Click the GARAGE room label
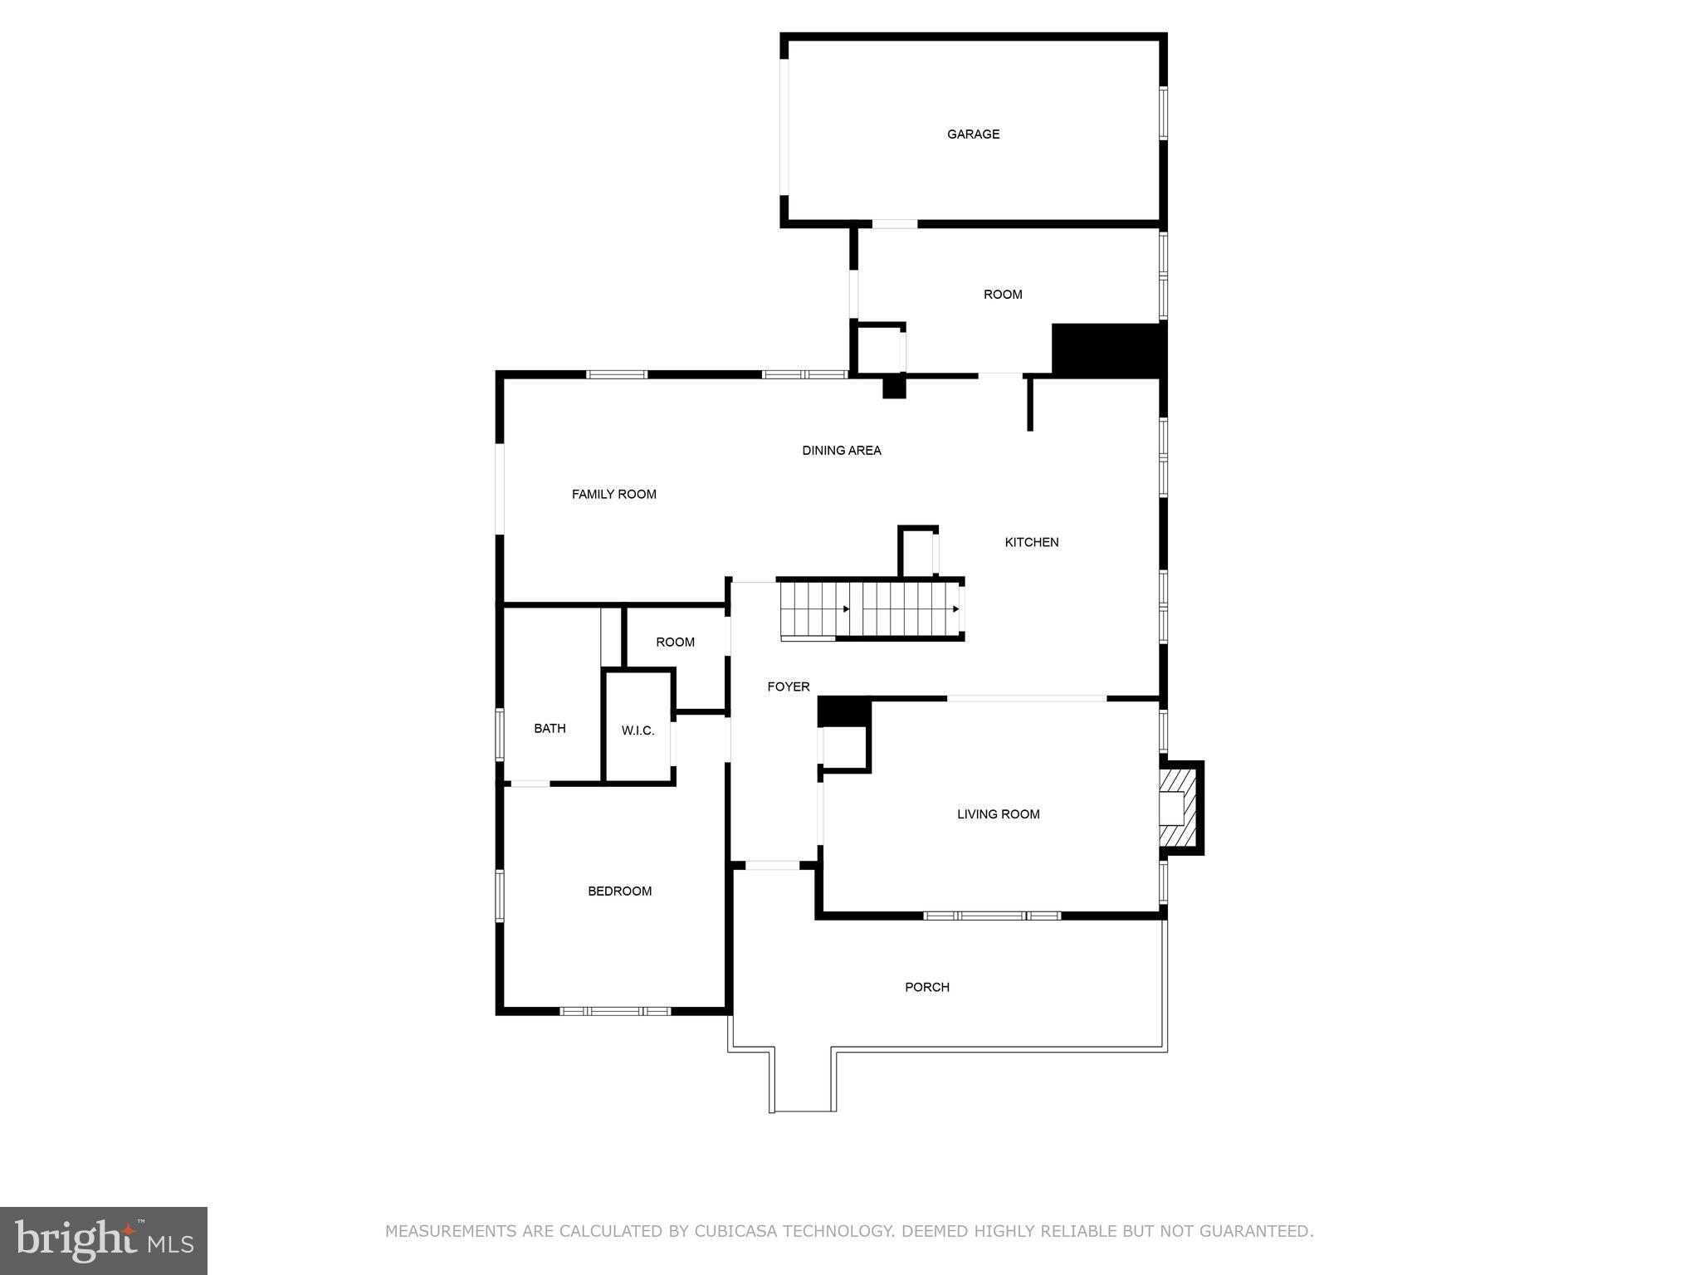point(973,134)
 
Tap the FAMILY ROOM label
point(613,495)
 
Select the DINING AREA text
point(841,451)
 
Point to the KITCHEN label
point(1031,543)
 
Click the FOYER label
point(788,687)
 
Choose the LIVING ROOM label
point(998,814)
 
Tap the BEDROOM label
point(619,892)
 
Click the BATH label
point(550,729)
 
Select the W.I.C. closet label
point(637,731)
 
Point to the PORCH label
point(926,987)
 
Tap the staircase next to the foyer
point(872,609)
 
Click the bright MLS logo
point(104,1241)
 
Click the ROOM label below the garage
point(1002,295)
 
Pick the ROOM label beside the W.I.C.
point(675,642)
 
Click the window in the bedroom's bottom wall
point(615,1011)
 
